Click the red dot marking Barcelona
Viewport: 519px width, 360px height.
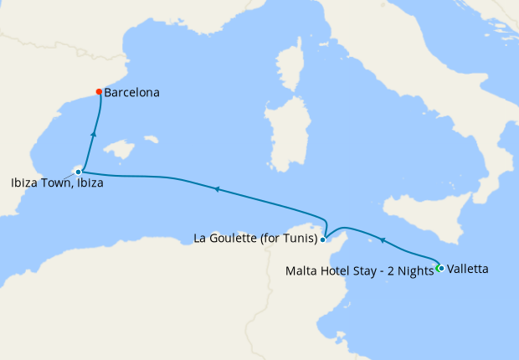pyautogui.click(x=99, y=92)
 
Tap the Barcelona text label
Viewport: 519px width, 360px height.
pyautogui.click(x=132, y=93)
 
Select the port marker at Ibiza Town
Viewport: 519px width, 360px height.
pyautogui.click(x=78, y=172)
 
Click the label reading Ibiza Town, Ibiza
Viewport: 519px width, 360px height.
pyautogui.click(x=58, y=183)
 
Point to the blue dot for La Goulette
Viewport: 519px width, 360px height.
pyautogui.click(x=322, y=239)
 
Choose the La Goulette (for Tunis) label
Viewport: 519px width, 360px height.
pyautogui.click(x=255, y=239)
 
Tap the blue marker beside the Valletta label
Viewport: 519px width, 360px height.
pyautogui.click(x=441, y=269)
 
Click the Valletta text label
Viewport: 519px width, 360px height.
pyautogui.click(x=468, y=270)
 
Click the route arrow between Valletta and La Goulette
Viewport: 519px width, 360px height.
pyautogui.click(x=383, y=240)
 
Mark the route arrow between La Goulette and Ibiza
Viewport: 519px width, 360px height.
pyautogui.click(x=217, y=189)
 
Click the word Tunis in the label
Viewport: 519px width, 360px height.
pyautogui.click(x=298, y=239)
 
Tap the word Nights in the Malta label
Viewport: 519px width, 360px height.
pyautogui.click(x=415, y=270)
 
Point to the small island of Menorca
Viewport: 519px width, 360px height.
pyautogui.click(x=152, y=137)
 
